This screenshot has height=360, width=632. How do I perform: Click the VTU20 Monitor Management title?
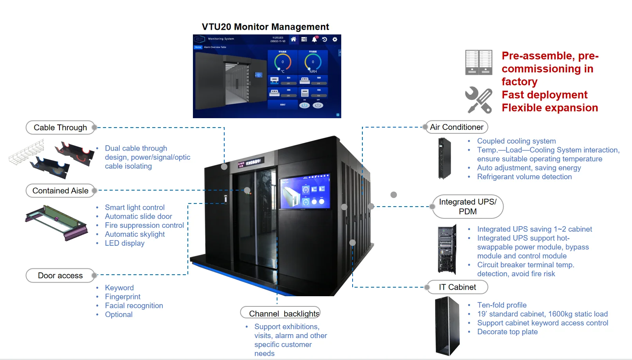(265, 27)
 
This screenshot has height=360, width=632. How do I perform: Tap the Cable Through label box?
(60, 128)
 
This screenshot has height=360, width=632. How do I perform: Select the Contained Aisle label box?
(60, 191)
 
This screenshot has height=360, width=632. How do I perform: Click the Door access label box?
(60, 275)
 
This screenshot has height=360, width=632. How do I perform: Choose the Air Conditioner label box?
(456, 127)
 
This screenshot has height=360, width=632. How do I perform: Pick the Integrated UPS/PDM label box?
(468, 207)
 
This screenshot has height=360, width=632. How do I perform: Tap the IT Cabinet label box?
(457, 287)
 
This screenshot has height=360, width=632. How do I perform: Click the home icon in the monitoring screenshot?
(293, 39)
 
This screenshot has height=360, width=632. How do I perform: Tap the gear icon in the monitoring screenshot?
(335, 39)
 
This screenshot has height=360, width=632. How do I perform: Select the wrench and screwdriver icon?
(478, 100)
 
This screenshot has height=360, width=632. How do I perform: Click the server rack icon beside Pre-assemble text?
(478, 62)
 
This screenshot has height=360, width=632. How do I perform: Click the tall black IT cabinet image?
(447, 326)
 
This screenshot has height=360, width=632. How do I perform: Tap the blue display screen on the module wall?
(305, 191)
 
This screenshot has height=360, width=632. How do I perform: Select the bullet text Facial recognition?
(134, 306)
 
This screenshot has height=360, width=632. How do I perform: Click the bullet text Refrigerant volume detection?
(524, 177)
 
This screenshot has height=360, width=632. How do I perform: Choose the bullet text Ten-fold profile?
(502, 305)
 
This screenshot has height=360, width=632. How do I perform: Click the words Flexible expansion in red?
(549, 108)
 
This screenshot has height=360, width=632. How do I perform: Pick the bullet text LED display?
(124, 243)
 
